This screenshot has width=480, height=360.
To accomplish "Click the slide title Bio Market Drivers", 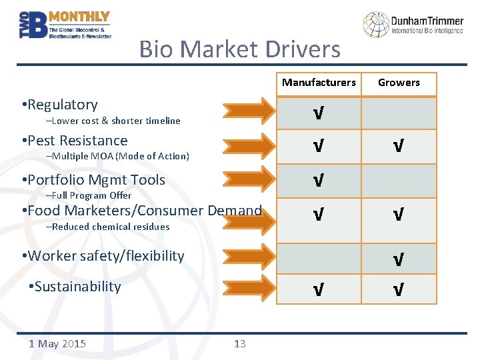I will pos(239,49).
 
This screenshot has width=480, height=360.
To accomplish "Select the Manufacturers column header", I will pos(319,83).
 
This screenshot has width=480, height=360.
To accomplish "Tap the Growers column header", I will pos(399,83).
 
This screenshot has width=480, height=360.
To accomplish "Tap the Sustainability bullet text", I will pos(77,287).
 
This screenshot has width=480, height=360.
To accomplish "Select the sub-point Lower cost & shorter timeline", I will pos(113,121).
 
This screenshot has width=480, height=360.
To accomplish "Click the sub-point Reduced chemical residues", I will pos(107,227).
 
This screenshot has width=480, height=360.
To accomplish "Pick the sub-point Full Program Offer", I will pos(89,195).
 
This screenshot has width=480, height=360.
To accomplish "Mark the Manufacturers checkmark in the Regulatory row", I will pos(319,113).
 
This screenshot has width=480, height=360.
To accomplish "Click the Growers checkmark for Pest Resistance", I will pos(398,146).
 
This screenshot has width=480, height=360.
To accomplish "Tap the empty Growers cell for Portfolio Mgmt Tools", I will pos(398,180).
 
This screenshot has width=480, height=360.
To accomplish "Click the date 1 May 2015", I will pos(57,344).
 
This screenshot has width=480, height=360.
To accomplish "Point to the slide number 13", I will pos(240,344).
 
